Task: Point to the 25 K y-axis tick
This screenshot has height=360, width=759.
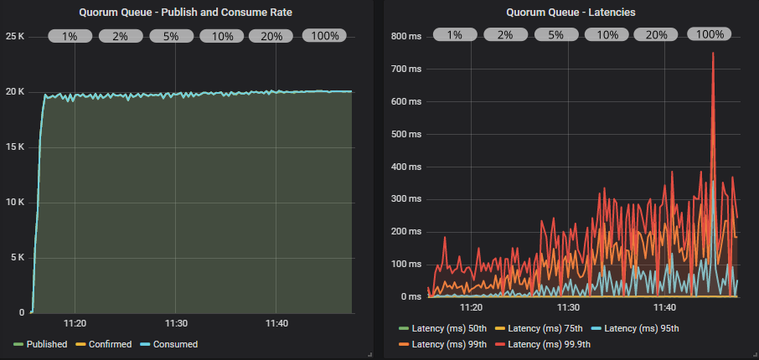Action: click(x=16, y=36)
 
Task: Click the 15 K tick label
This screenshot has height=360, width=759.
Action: click(x=16, y=147)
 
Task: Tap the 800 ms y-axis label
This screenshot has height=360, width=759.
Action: click(x=407, y=36)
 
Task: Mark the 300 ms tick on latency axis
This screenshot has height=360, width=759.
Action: click(x=407, y=199)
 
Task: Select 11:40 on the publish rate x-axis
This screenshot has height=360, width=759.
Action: click(x=276, y=323)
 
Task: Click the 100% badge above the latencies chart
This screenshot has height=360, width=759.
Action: click(x=710, y=35)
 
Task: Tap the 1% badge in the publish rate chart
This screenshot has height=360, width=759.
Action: click(x=70, y=36)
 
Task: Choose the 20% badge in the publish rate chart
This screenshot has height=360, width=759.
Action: click(x=271, y=36)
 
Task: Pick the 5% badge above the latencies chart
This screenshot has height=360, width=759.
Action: click(x=555, y=35)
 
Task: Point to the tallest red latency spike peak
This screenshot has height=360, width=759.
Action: click(x=713, y=53)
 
